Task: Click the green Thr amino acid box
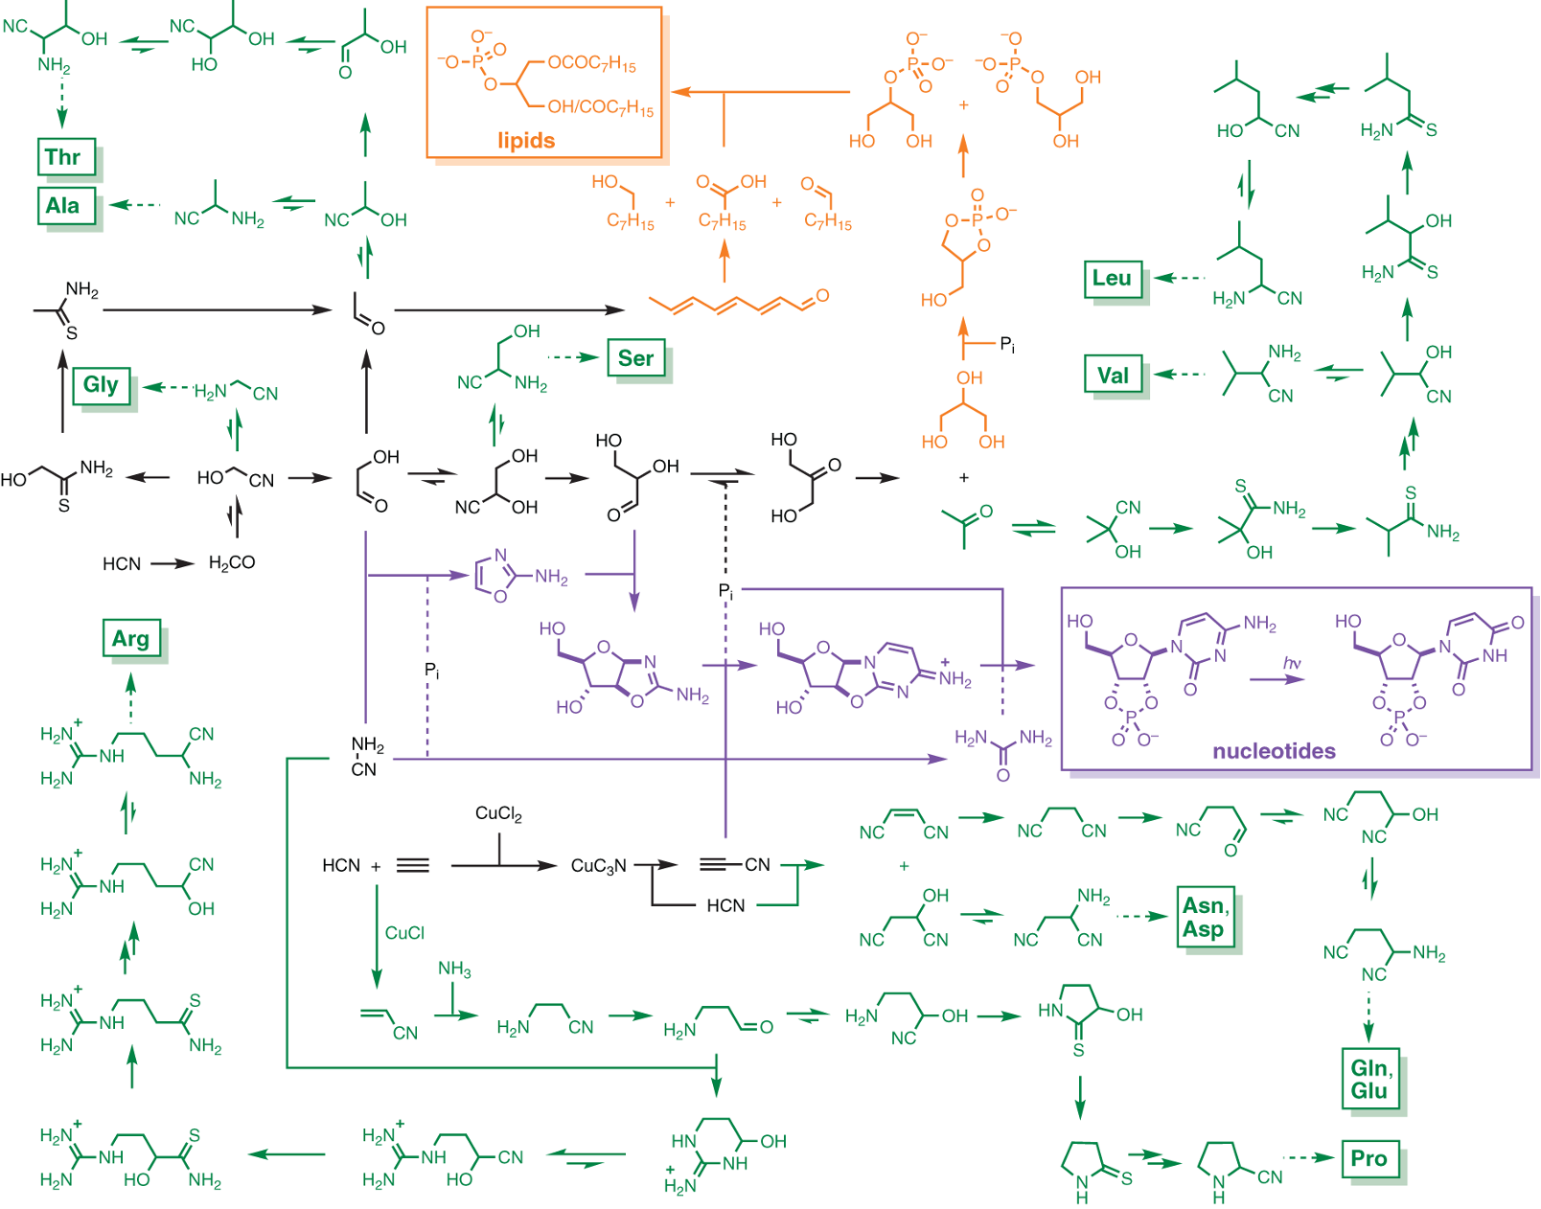click(66, 157)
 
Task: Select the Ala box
click(66, 206)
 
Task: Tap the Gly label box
click(101, 385)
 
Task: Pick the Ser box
click(636, 358)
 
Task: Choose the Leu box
click(1113, 279)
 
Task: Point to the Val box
click(1114, 376)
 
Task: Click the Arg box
click(131, 639)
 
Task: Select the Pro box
click(1369, 1158)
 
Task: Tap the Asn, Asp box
click(1205, 918)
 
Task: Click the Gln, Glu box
click(1370, 1080)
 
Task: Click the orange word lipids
click(526, 141)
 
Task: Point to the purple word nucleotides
click(1274, 751)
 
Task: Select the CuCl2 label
click(498, 814)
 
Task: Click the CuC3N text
click(599, 866)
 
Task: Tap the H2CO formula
click(232, 563)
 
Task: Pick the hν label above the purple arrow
click(1292, 663)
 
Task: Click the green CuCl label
click(404, 933)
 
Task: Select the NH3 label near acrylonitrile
click(454, 969)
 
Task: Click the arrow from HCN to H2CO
click(172, 563)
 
